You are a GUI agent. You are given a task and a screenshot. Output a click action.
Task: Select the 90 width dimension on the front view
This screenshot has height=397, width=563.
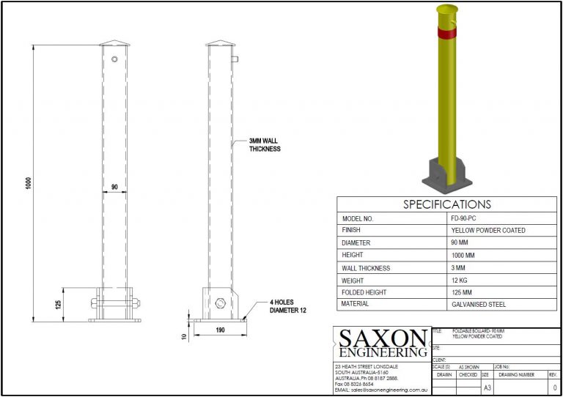point(114,187)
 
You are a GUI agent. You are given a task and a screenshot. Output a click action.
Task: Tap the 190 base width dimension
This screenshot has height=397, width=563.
point(219,331)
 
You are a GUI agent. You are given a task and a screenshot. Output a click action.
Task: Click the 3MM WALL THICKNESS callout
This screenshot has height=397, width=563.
point(265,144)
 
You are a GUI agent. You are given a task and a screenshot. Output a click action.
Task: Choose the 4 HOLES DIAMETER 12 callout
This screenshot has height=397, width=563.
point(281,306)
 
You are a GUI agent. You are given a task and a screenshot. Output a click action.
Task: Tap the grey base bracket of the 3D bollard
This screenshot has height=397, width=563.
point(444,173)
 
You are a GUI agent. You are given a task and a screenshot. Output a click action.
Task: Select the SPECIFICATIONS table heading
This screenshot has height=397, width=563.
point(447,204)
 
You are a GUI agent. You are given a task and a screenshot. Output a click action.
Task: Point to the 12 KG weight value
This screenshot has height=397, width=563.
point(460,280)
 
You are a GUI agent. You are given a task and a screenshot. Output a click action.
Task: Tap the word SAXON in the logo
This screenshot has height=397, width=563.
point(382,338)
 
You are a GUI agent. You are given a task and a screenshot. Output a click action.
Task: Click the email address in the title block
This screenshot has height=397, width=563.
point(382,390)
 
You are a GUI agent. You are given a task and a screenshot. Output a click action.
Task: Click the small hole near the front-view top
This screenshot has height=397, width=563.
point(115,59)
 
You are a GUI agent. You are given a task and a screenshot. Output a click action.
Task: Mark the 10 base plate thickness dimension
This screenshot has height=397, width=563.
point(185,337)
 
